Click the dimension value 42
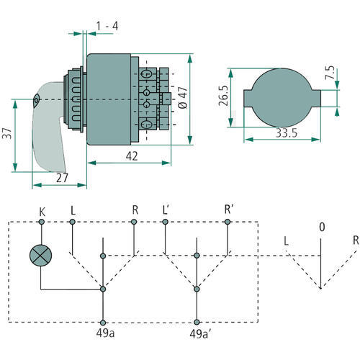click(132, 156)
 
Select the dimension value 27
click(62, 178)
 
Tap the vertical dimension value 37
click(7, 133)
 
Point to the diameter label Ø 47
click(183, 98)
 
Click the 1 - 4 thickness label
click(107, 26)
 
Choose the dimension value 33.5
click(287, 133)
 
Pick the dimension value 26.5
click(224, 96)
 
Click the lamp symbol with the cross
click(40, 256)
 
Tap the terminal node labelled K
click(42, 222)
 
